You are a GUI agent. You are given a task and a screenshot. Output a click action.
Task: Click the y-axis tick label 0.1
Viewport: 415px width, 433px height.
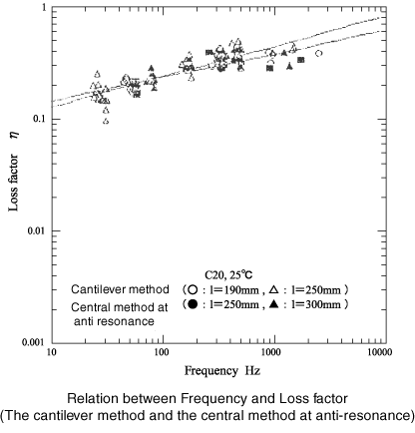click(40, 119)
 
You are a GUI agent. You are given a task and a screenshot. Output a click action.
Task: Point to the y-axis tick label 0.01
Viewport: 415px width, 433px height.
click(37, 230)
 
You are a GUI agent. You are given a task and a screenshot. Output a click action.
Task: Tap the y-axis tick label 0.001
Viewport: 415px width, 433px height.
click(34, 342)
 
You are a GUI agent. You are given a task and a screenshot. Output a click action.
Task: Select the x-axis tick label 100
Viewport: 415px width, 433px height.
click(162, 352)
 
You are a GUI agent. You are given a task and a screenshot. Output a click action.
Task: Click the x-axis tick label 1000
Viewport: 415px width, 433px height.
click(271, 352)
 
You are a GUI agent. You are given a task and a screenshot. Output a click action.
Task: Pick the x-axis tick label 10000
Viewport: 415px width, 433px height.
click(379, 352)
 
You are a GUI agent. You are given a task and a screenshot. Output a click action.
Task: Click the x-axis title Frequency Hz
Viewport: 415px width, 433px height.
click(222, 371)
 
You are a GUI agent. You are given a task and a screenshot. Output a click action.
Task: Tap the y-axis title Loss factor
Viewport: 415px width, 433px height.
click(13, 183)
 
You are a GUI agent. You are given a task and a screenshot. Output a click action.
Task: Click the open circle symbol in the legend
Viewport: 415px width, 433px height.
click(193, 290)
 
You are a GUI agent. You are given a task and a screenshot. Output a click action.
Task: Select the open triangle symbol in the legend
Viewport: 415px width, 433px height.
click(274, 290)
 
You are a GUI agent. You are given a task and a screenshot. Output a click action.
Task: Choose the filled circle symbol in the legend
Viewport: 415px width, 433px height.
click(193, 304)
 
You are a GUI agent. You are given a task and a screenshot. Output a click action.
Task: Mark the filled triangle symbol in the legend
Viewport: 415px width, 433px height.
click(274, 304)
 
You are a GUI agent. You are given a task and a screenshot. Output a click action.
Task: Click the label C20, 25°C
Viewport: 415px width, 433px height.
click(228, 275)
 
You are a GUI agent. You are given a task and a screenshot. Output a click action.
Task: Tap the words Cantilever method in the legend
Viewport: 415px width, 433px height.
click(120, 289)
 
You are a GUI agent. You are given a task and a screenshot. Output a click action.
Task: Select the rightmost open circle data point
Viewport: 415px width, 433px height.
click(318, 53)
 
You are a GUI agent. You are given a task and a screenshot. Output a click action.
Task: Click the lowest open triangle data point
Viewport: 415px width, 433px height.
click(106, 122)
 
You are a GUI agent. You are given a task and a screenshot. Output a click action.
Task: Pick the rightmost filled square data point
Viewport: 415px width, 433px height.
click(301, 60)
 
